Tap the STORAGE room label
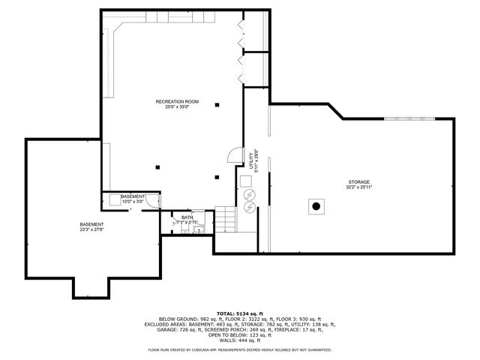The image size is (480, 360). [x=359, y=181]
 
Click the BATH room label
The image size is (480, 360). [x=187, y=217]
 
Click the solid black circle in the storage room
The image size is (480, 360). [x=316, y=205]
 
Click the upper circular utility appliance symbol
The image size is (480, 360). [x=249, y=194]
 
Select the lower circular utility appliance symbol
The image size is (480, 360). [x=249, y=205]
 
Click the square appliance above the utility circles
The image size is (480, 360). [x=246, y=181]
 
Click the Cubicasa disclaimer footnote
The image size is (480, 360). [x=239, y=349]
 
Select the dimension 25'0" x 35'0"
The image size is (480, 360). [x=178, y=106]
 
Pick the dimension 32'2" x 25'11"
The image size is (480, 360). [x=359, y=187]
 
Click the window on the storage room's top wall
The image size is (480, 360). [x=409, y=118]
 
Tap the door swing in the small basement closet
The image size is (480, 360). [x=153, y=199]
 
